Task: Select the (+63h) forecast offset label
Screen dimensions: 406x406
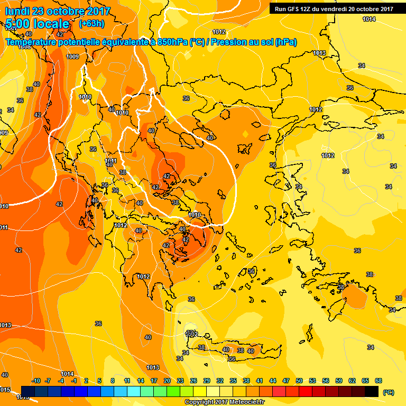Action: click(x=90, y=23)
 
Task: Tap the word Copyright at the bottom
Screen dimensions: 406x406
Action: click(x=198, y=402)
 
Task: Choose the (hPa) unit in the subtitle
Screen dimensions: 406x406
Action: click(x=285, y=42)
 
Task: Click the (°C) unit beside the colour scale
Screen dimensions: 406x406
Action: click(x=387, y=392)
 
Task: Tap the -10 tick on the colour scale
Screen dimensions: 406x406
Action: click(x=36, y=381)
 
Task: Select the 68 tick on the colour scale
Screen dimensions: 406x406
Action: click(x=379, y=381)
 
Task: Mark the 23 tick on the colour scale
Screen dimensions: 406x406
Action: click(x=180, y=381)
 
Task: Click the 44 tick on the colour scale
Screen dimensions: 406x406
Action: click(x=273, y=381)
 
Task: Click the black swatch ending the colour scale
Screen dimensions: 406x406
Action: click(x=372, y=391)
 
